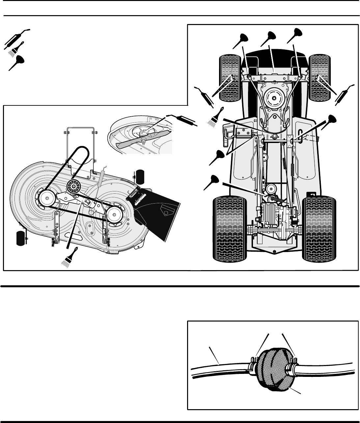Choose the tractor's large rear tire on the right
click(320, 228)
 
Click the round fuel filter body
click(273, 371)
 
